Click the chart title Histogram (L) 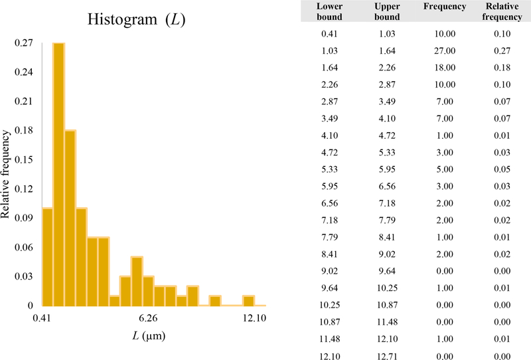[x=136, y=20]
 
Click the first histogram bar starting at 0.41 [x=47, y=256]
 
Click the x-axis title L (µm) [x=147, y=335]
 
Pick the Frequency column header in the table [x=445, y=7]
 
